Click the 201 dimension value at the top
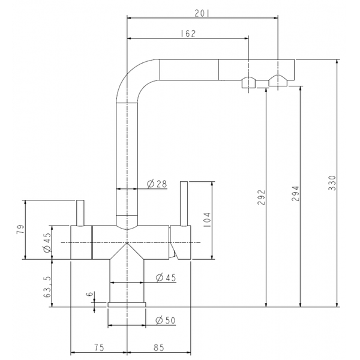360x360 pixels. (x=202, y=14)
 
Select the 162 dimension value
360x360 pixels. (x=188, y=34)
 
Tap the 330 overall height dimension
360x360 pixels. (x=332, y=183)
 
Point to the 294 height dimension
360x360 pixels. (x=295, y=194)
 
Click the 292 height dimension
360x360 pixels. (x=261, y=197)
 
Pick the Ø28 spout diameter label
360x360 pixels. (x=157, y=184)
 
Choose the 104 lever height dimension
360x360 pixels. (x=207, y=220)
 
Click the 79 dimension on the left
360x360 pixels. (x=20, y=229)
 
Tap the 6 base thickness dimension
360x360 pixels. (x=90, y=293)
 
